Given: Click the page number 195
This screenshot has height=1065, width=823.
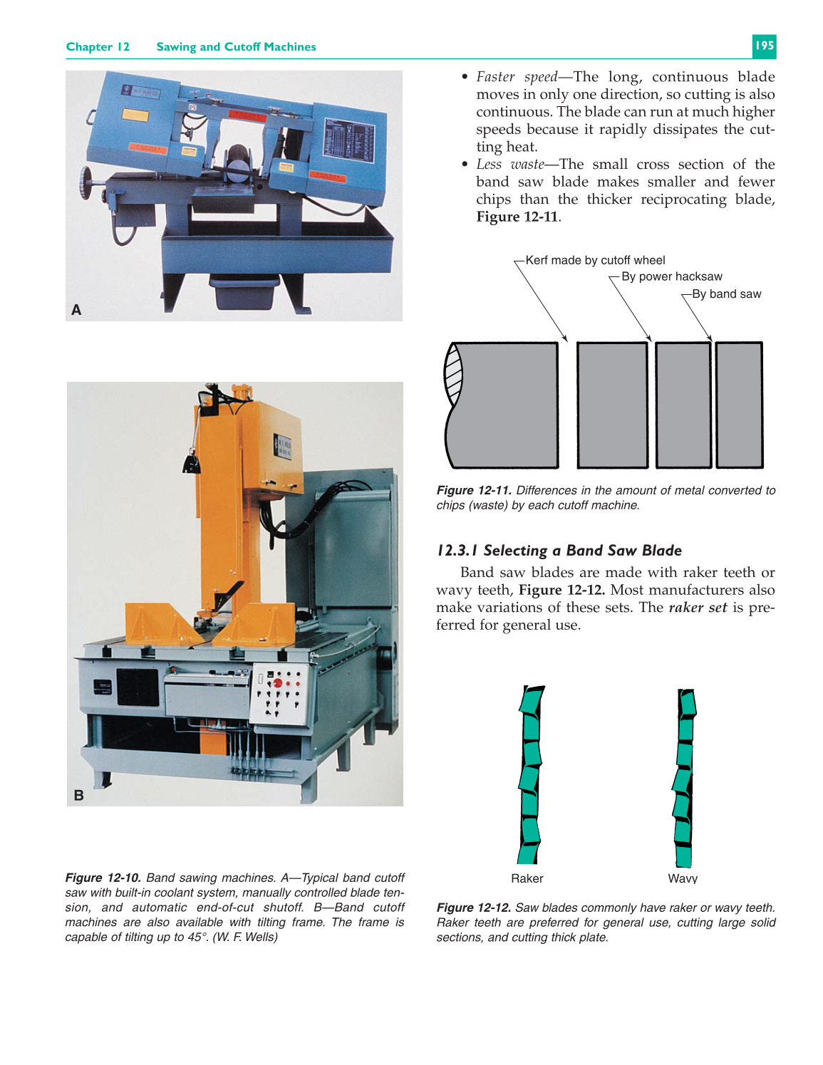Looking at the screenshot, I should click(764, 46).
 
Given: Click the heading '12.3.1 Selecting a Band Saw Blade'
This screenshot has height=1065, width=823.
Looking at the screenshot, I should click(559, 551).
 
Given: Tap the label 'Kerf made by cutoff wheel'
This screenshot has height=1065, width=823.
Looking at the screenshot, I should click(595, 261).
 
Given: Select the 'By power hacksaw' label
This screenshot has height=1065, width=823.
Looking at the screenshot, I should click(671, 277).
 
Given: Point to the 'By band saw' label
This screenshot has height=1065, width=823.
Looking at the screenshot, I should click(726, 294).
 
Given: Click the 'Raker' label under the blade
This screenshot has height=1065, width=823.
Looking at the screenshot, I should click(527, 878).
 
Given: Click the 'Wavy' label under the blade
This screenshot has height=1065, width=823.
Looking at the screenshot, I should click(682, 878).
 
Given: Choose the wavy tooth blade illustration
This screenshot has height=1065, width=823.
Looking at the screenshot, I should click(684, 776).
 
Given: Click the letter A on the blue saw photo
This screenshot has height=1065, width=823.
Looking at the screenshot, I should click(76, 310).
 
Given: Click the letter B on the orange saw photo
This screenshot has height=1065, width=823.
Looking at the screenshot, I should click(78, 795).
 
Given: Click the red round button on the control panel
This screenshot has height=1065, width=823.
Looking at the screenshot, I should click(278, 683).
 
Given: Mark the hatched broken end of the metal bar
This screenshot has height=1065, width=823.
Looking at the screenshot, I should click(453, 373).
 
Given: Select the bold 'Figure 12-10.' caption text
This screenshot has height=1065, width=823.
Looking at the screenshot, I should click(103, 878).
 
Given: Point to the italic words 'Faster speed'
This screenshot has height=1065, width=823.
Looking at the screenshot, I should click(517, 77).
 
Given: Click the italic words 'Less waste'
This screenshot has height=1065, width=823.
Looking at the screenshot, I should click(509, 165).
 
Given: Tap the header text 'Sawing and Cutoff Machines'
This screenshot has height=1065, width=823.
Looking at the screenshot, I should click(236, 47).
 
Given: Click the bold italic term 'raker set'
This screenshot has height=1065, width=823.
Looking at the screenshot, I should click(698, 608).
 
